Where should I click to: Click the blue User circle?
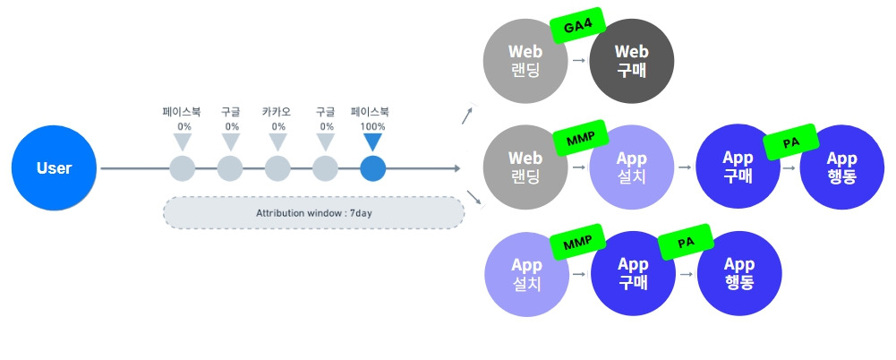(x=54, y=167)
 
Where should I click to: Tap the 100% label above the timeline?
(x=372, y=126)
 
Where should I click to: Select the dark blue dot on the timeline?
(x=372, y=167)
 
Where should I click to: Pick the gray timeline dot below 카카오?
(x=278, y=167)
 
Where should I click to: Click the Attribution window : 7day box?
(x=313, y=213)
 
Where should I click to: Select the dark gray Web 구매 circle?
(x=632, y=60)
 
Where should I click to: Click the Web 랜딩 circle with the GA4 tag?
(x=525, y=60)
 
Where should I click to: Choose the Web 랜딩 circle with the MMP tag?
(x=525, y=167)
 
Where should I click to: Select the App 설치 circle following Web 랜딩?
(x=632, y=167)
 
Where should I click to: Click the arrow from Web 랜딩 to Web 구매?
(x=578, y=61)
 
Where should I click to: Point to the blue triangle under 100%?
(x=372, y=141)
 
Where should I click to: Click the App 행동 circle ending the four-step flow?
(x=842, y=167)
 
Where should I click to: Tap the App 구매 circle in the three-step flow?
(x=632, y=273)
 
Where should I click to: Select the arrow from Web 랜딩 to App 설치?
(x=578, y=168)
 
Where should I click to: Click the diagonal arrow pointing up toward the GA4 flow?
(x=468, y=114)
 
